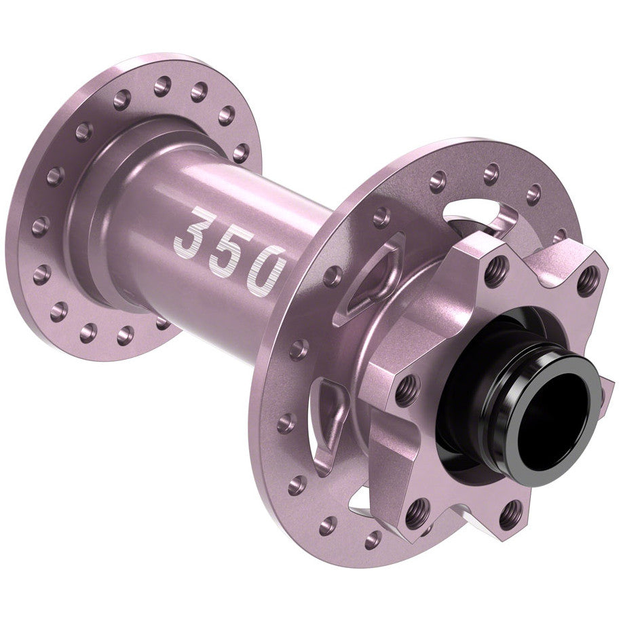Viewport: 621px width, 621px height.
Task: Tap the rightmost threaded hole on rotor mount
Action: click(x=588, y=280)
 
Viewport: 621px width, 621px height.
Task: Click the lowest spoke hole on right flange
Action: click(x=372, y=540)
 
